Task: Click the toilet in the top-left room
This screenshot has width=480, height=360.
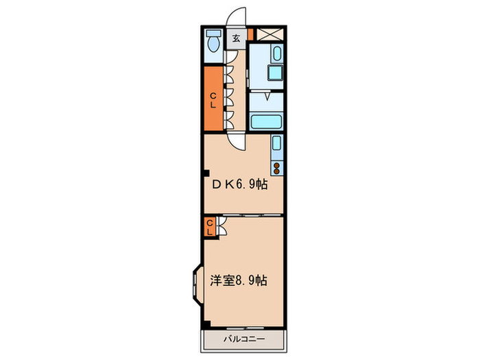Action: (213, 41)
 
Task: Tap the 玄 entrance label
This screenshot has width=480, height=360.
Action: (235, 38)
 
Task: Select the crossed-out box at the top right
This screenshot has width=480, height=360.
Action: (268, 34)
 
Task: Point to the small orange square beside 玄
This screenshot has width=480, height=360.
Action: (250, 34)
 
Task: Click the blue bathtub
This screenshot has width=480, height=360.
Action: (267, 122)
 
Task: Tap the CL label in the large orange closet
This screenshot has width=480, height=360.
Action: (213, 100)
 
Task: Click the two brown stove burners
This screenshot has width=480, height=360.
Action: (276, 167)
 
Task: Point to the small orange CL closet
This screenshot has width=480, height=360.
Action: (211, 226)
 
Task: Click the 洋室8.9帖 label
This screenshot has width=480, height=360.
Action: (239, 280)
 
